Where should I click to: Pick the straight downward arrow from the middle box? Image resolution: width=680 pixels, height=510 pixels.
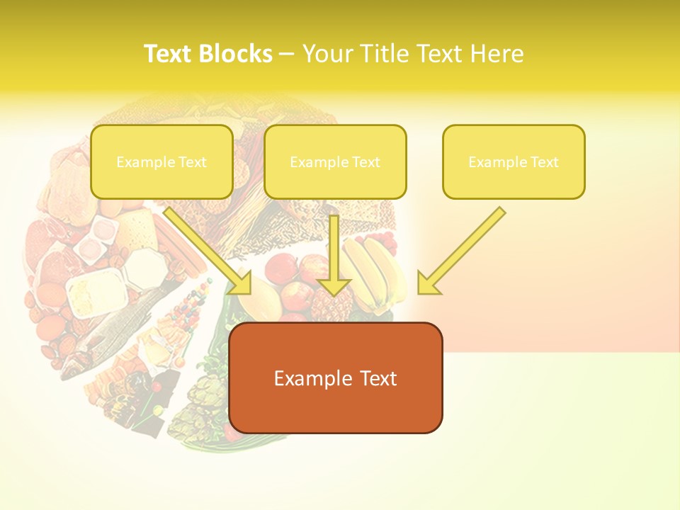[x=334, y=255]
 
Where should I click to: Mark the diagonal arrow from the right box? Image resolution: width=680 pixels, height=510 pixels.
[x=460, y=251]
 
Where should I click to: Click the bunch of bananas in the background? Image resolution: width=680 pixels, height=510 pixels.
[x=372, y=273]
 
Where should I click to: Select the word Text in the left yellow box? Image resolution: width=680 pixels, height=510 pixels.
[x=192, y=162]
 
